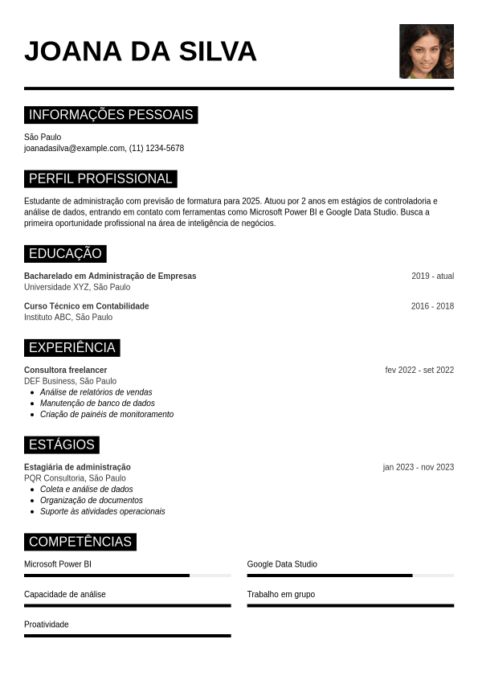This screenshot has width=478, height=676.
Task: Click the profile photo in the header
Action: click(x=426, y=51)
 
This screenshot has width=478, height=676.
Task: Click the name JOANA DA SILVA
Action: click(x=141, y=51)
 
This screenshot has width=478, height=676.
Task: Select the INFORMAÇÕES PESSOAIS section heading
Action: click(x=111, y=115)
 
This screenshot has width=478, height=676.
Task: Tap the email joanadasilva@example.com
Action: click(x=75, y=149)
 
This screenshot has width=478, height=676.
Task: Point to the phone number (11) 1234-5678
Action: click(x=157, y=149)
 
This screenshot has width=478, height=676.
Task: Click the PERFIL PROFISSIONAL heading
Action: click(x=100, y=178)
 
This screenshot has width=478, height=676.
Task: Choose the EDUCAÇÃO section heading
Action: click(x=65, y=254)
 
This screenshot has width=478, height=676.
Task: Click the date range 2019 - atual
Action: click(x=432, y=277)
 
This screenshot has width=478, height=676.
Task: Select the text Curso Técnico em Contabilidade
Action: click(x=87, y=306)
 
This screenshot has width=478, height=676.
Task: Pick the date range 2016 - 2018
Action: click(x=432, y=306)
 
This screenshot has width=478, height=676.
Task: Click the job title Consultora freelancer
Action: click(x=66, y=371)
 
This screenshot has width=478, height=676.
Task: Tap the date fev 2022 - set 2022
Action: click(x=419, y=371)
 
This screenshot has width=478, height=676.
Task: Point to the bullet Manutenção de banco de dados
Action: click(x=97, y=404)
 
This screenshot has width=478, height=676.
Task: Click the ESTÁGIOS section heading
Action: click(x=62, y=445)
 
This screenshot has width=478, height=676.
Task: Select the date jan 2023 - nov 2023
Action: click(x=418, y=468)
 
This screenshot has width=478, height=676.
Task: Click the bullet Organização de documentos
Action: click(x=92, y=501)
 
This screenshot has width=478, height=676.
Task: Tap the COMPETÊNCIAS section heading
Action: click(x=80, y=542)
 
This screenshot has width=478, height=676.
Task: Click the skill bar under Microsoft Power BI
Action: click(x=127, y=576)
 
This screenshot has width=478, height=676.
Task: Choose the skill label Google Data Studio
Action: click(x=282, y=564)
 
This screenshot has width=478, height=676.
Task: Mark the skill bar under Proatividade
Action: click(x=127, y=636)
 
